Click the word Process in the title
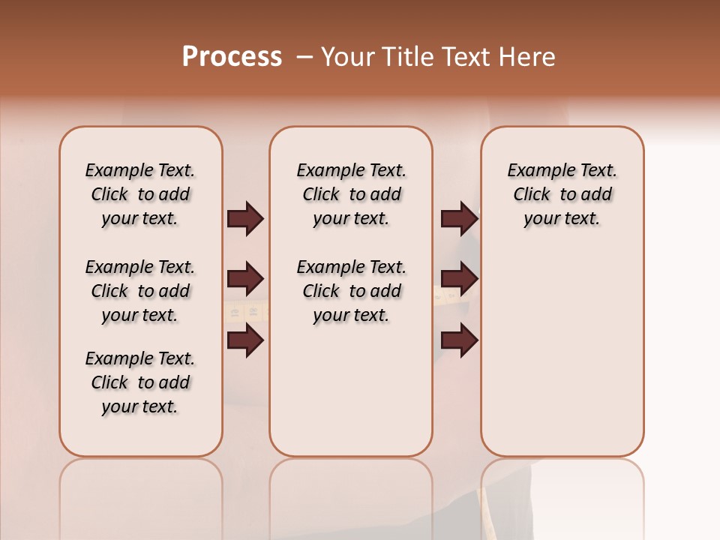click(x=232, y=57)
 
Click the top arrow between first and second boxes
click(x=245, y=218)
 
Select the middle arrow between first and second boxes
click(x=245, y=279)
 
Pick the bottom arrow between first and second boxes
click(x=245, y=340)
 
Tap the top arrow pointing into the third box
click(x=459, y=218)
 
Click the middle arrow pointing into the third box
click(x=459, y=279)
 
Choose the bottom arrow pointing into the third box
click(x=459, y=340)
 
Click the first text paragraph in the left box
click(x=140, y=194)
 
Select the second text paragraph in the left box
click(x=140, y=291)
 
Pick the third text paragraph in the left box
click(x=140, y=382)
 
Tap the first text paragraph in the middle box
click(x=351, y=194)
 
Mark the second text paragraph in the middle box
click(x=351, y=291)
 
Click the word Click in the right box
click(x=532, y=194)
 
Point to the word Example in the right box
click(x=535, y=170)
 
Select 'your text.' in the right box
click(x=562, y=218)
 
